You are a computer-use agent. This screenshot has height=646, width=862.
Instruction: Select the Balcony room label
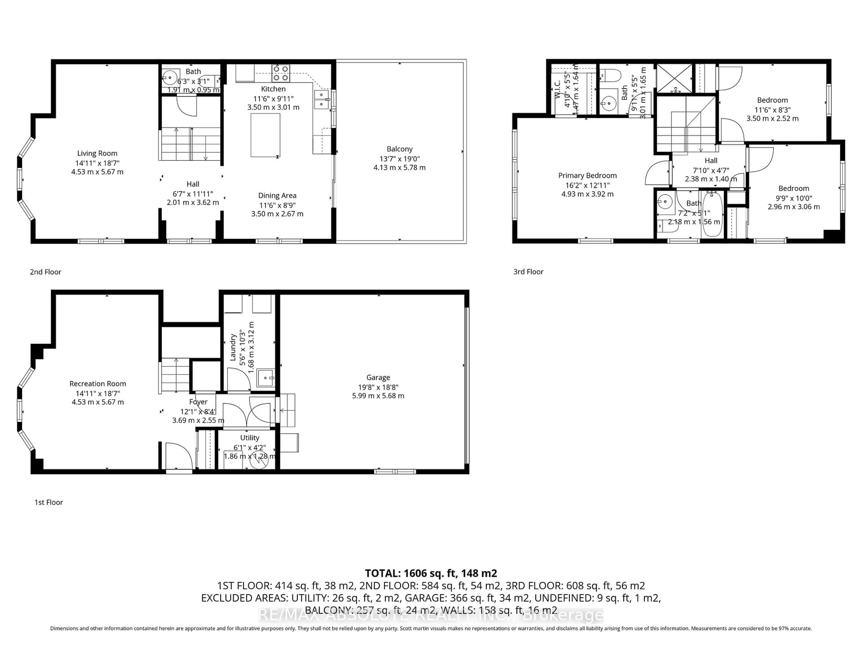[399, 149]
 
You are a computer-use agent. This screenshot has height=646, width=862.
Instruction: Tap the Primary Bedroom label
[587, 176]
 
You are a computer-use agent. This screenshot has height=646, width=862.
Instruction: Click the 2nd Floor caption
[46, 272]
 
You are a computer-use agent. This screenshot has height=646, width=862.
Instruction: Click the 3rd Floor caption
[528, 272]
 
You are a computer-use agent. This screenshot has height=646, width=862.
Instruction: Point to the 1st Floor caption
[49, 502]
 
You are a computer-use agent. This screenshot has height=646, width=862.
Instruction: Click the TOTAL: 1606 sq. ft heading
[431, 573]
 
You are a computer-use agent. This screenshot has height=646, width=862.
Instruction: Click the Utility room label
[249, 438]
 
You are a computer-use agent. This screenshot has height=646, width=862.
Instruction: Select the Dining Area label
[277, 195]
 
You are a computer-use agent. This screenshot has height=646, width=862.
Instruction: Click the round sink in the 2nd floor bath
[169, 77]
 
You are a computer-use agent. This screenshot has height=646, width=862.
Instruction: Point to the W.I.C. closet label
[558, 89]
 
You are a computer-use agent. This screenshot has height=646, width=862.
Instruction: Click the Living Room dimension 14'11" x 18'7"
[97, 163]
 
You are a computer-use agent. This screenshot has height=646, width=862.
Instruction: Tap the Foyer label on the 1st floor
[198, 402]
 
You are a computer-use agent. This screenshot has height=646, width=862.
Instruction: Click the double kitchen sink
[321, 99]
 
